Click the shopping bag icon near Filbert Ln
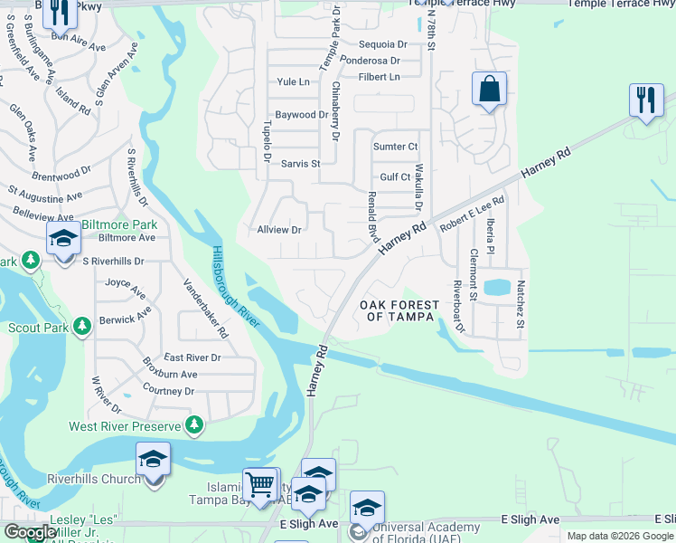[489, 90]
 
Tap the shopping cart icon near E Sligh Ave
[261, 484]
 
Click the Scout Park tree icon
[82, 325]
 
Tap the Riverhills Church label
[94, 479]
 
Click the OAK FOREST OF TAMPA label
[399, 312]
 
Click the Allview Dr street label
[278, 231]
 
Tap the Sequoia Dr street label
[383, 44]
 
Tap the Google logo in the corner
[30, 533]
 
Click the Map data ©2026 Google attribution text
[620, 536]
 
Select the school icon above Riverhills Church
[153, 459]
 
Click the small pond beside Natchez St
[496, 289]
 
